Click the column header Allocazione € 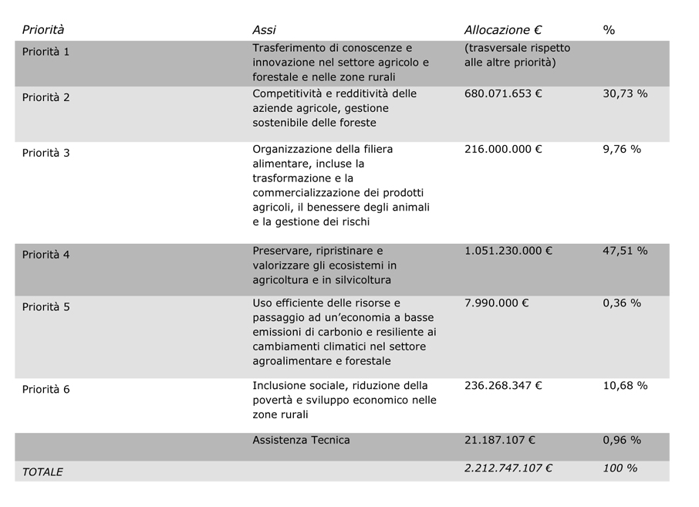pos(502,30)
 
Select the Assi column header pos(264,30)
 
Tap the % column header pos(609,30)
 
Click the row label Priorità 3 pos(46,153)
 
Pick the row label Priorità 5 pos(46,306)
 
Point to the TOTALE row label pos(42,472)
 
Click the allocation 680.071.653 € pos(503,93)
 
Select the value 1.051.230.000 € pos(508,251)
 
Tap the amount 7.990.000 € pos(496,303)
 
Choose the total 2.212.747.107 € pos(508,468)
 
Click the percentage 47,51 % pos(625,251)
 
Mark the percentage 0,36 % pos(622,303)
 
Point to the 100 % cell pos(620,468)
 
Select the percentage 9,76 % pos(622,149)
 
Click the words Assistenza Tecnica pos(301,440)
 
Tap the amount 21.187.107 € pos(500,440)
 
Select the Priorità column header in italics pos(43,30)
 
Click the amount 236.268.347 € pos(503,385)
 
